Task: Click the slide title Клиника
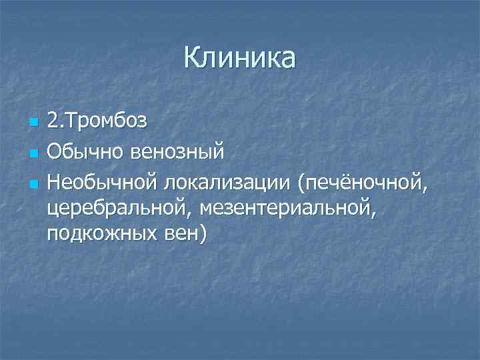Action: coord(239,59)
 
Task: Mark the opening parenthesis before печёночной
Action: coord(303,182)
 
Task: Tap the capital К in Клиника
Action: coord(191,59)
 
